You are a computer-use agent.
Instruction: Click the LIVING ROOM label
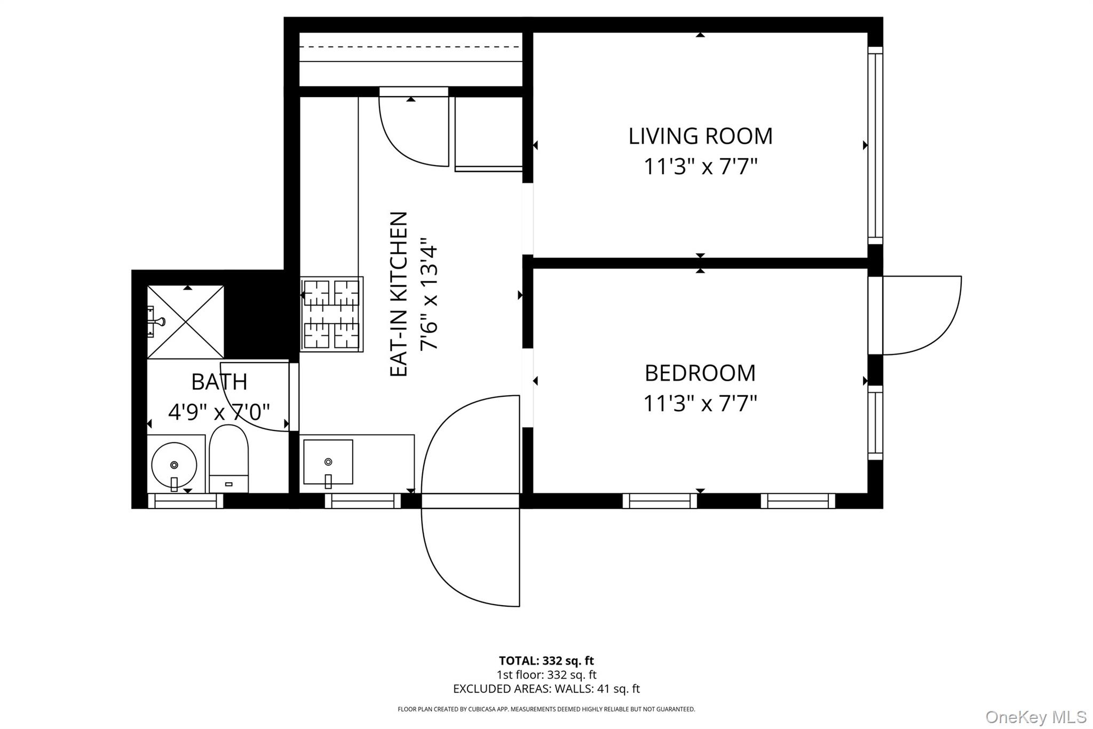pyautogui.click(x=700, y=136)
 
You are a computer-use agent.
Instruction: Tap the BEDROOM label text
pyautogui.click(x=700, y=373)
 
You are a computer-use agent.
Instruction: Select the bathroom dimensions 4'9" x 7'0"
pyautogui.click(x=219, y=412)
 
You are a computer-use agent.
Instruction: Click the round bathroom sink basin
pyautogui.click(x=174, y=465)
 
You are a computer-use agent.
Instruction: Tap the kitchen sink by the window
pyautogui.click(x=328, y=462)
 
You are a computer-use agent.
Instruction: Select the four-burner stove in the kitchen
pyautogui.click(x=331, y=314)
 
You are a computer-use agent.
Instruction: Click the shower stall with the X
pyautogui.click(x=186, y=322)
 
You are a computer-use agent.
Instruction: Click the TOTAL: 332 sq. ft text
pyautogui.click(x=546, y=661)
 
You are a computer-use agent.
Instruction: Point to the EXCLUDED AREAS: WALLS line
pyautogui.click(x=546, y=689)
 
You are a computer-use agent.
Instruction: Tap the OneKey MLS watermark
pyautogui.click(x=1036, y=717)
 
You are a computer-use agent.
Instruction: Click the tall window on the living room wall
pyautogui.click(x=875, y=145)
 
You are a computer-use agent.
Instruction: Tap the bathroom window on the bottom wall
pyautogui.click(x=185, y=501)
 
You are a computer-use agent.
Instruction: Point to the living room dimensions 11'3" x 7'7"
pyautogui.click(x=700, y=167)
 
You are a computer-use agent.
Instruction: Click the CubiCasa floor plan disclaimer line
pyautogui.click(x=546, y=709)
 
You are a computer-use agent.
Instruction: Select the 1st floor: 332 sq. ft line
pyautogui.click(x=546, y=675)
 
